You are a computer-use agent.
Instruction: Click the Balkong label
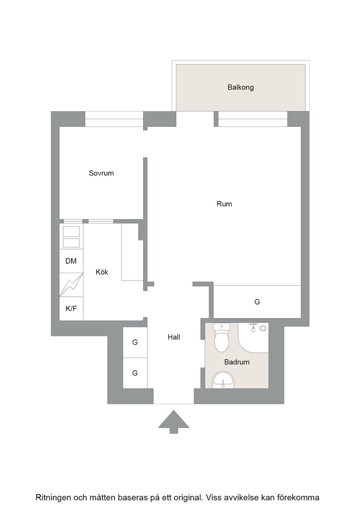240,87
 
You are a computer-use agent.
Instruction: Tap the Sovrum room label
101,173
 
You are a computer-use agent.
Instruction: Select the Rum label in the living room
224,204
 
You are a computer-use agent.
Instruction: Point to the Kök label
102,272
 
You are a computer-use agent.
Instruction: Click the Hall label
174,337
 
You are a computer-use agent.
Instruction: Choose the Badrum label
237,362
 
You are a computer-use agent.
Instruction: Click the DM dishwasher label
71,261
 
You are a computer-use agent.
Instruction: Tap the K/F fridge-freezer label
71,309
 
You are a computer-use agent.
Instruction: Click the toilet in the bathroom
222,337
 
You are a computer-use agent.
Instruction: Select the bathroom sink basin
223,379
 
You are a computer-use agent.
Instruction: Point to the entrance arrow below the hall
174,422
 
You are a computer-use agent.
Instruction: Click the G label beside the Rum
257,302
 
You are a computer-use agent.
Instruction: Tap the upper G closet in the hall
135,343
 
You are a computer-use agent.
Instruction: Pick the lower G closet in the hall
135,373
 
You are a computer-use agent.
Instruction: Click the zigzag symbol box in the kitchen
71,284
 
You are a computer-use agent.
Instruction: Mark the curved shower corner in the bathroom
253,338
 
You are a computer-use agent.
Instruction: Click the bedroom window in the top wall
114,119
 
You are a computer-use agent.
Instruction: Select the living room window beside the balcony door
253,119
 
